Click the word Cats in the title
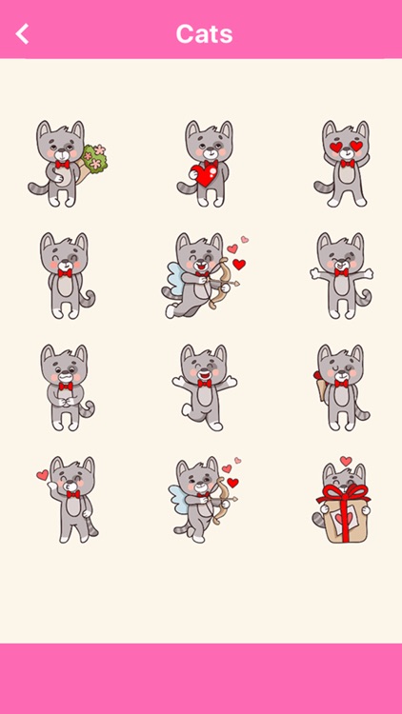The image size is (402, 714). tap(204, 34)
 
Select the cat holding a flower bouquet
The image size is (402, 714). tap(62, 164)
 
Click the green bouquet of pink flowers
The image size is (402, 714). tap(94, 161)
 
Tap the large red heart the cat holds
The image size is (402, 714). tap(201, 174)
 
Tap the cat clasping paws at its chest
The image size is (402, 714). tap(64, 386)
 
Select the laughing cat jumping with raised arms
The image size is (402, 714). tap(202, 386)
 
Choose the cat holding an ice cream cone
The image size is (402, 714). tap(339, 386)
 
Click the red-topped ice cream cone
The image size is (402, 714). tap(316, 389)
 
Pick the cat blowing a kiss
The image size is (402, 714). tap(69, 497)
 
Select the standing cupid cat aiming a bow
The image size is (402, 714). tap(202, 497)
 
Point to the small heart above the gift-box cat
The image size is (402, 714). tap(346, 462)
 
